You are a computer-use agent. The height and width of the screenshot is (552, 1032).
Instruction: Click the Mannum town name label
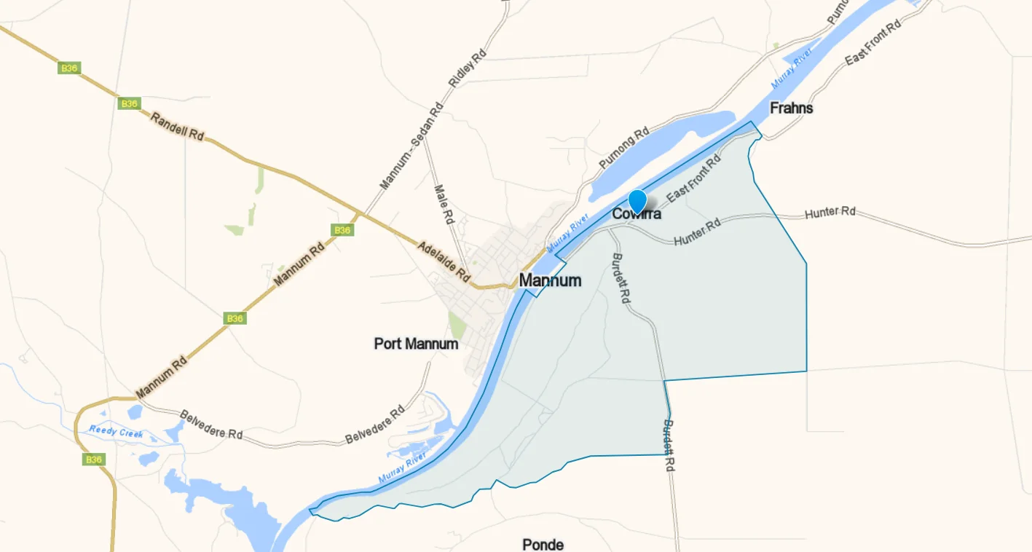pos(550,280)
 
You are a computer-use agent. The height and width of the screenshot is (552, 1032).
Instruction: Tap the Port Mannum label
pos(416,343)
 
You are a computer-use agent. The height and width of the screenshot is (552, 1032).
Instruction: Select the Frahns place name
pos(791,108)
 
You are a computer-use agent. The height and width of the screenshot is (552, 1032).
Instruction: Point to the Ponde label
pos(543,544)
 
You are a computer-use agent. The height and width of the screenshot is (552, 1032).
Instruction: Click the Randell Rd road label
pos(177,126)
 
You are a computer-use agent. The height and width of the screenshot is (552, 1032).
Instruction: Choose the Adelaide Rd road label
pos(444,261)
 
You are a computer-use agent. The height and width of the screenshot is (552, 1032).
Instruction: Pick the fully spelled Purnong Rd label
pos(623,149)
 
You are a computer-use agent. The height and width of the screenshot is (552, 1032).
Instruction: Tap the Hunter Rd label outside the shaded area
pos(830,213)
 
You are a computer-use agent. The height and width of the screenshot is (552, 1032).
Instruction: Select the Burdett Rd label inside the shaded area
pos(621,278)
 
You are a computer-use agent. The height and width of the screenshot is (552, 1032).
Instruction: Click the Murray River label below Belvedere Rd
pos(402,468)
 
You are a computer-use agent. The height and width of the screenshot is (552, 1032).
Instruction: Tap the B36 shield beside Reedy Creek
pos(93,460)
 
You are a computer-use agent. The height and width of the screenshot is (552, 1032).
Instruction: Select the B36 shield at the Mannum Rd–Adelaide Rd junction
pos(342,230)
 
